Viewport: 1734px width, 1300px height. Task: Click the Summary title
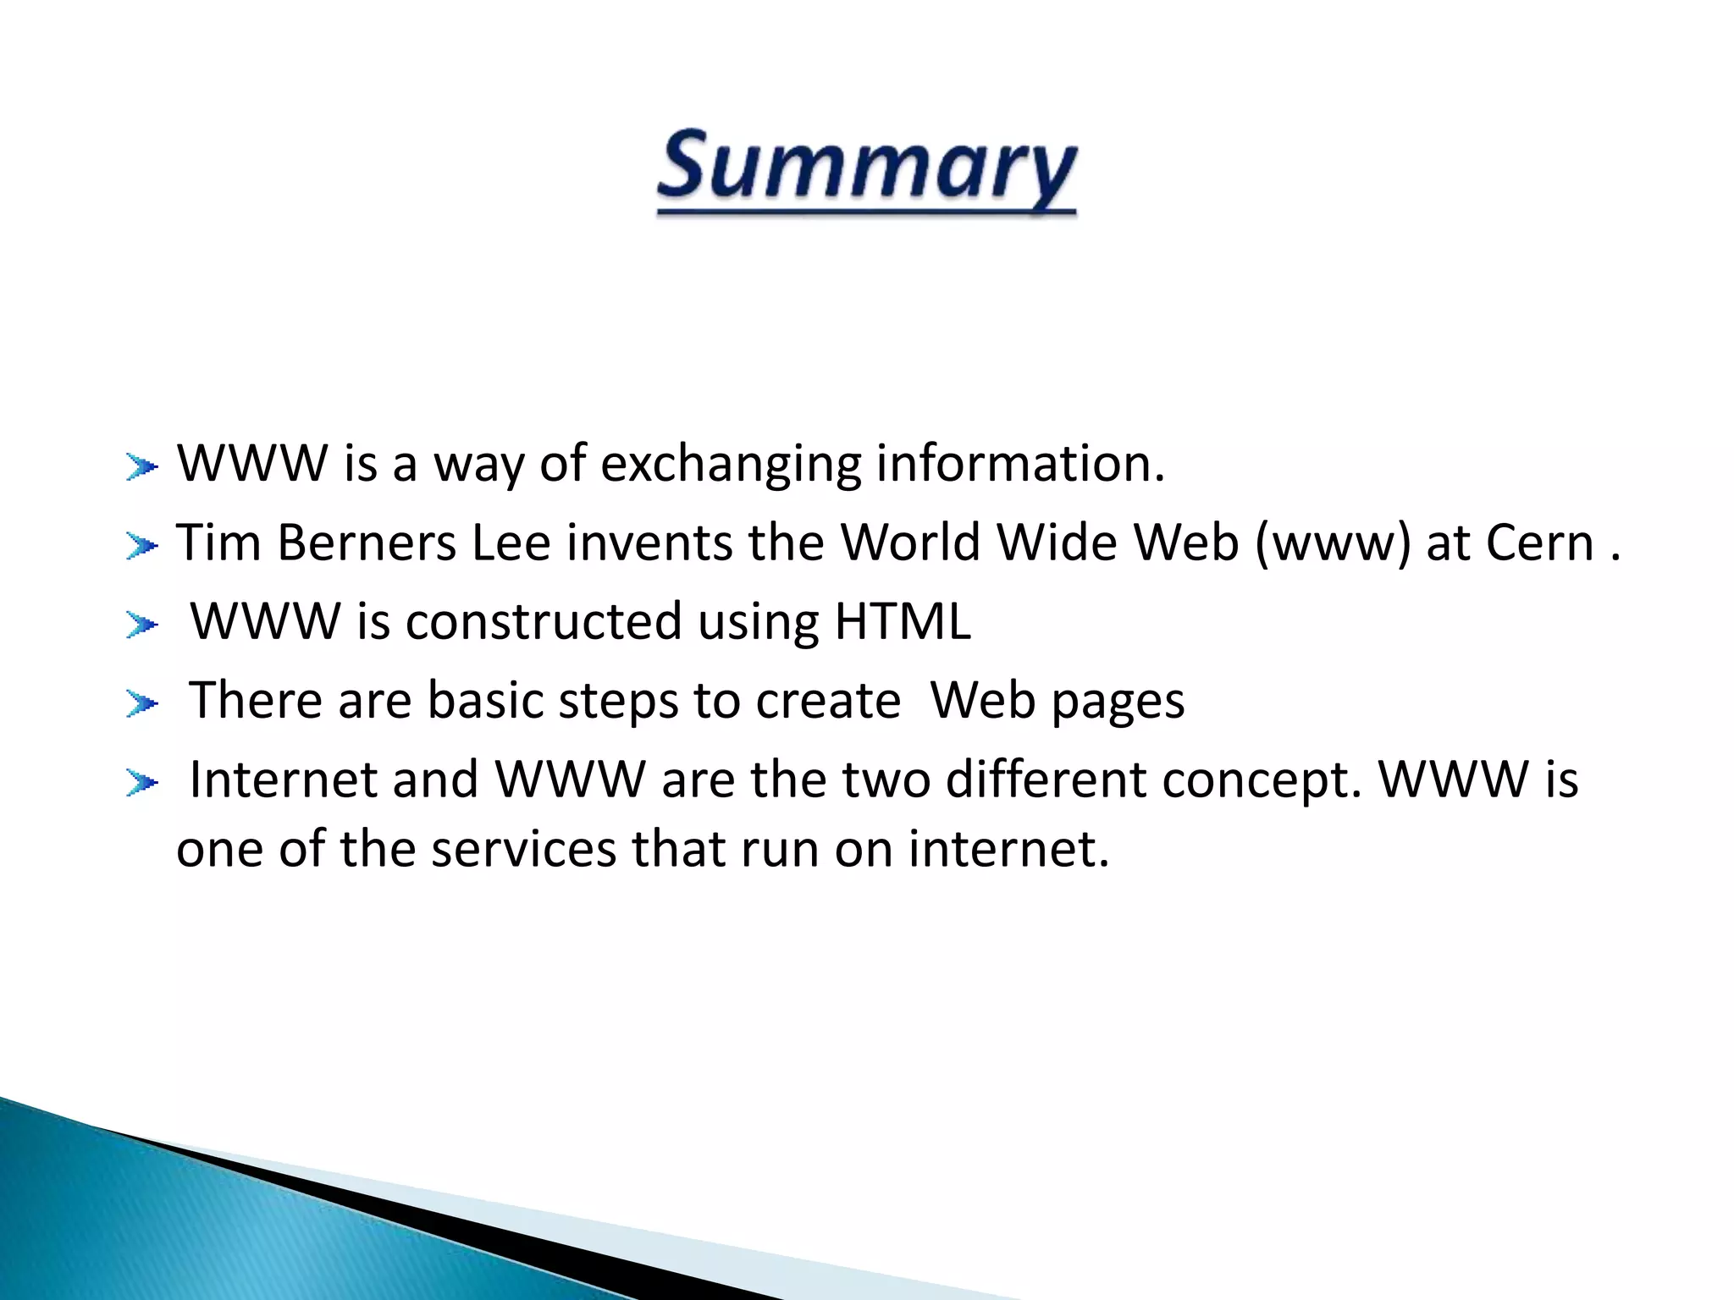(866, 169)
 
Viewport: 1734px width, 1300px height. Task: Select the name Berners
(367, 543)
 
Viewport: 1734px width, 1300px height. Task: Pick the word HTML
(903, 622)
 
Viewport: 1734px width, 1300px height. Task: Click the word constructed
(544, 622)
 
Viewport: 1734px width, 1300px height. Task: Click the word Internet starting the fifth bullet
(283, 779)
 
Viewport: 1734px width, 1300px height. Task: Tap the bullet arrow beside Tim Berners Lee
(141, 546)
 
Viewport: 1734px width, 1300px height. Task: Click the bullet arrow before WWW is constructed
(141, 625)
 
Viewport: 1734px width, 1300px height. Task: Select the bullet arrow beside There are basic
(141, 703)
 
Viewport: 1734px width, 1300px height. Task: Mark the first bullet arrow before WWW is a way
(141, 466)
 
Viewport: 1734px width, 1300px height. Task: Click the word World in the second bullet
(910, 543)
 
